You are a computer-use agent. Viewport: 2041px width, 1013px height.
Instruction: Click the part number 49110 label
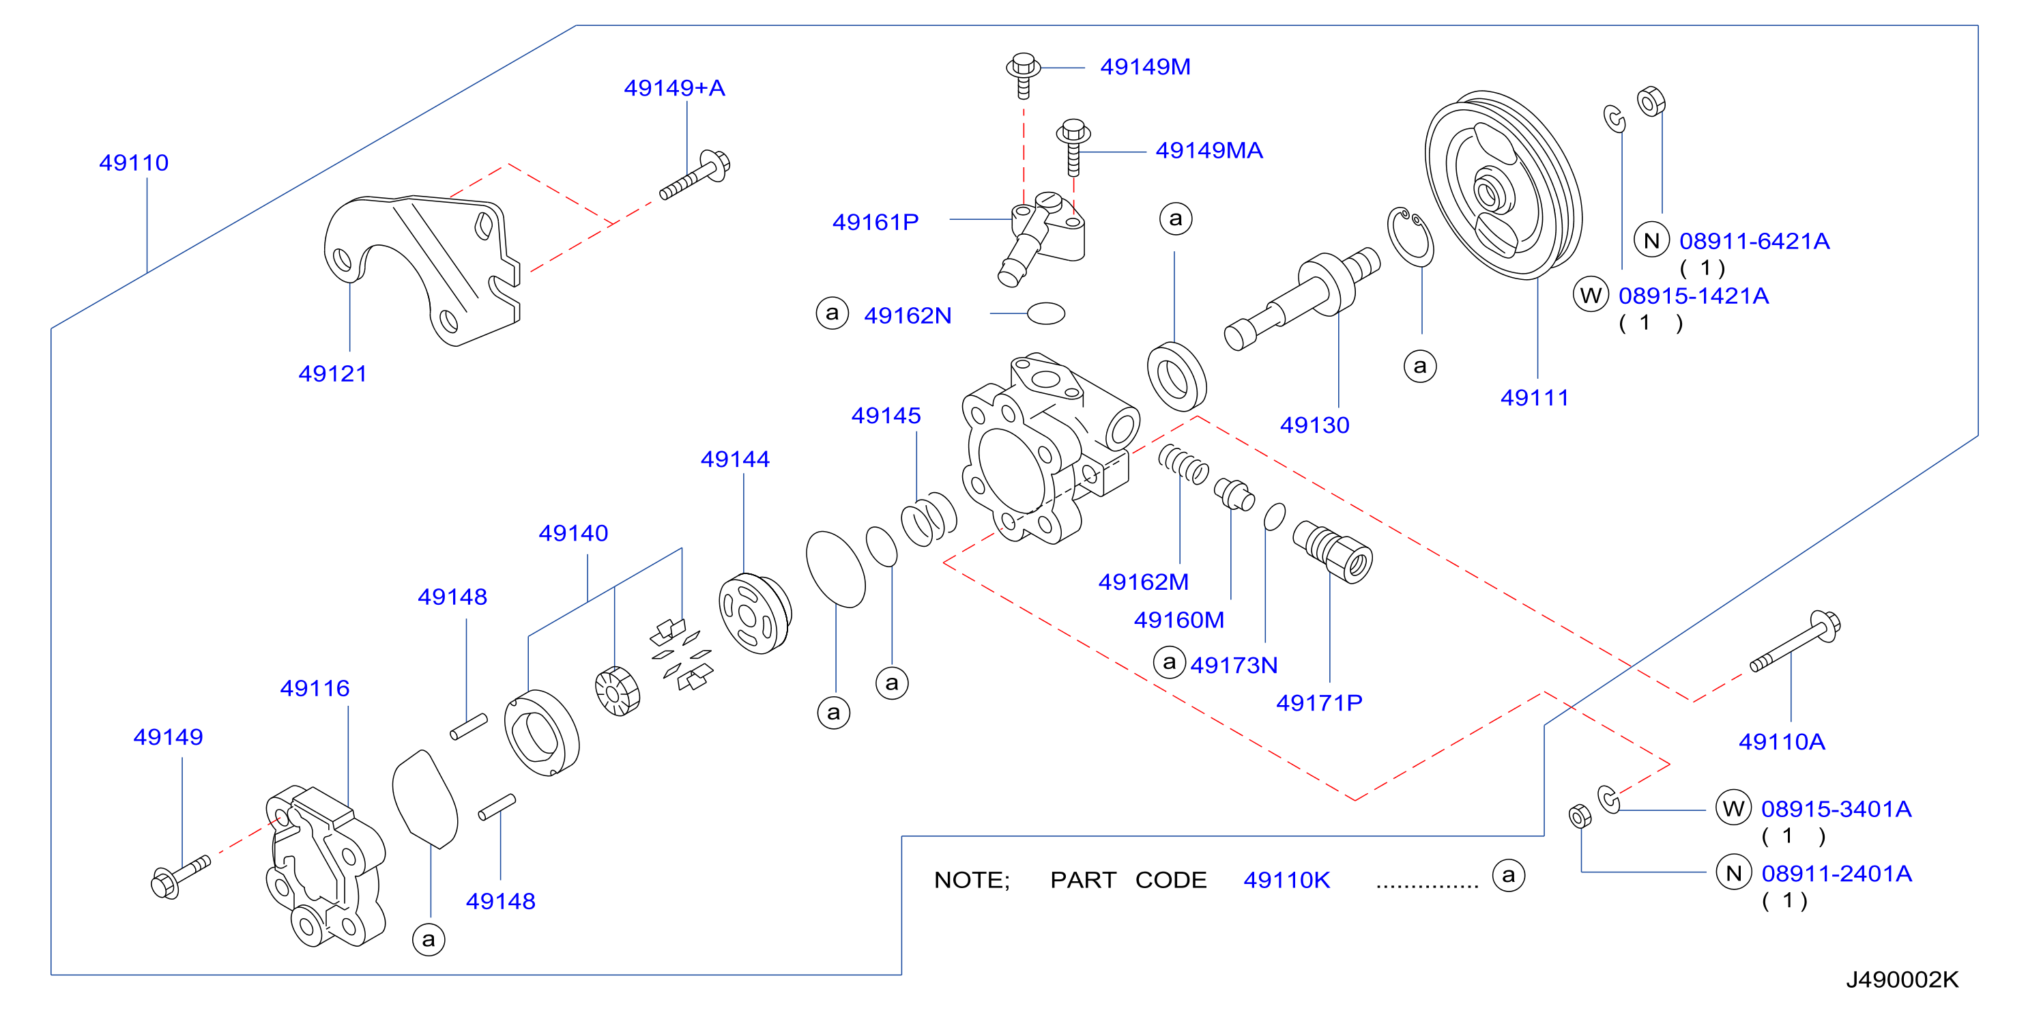(134, 162)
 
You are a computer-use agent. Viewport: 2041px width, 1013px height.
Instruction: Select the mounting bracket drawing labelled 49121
(422, 270)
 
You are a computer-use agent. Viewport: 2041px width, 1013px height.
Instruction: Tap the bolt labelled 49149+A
(695, 175)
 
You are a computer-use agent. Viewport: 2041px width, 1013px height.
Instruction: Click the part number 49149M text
(1145, 67)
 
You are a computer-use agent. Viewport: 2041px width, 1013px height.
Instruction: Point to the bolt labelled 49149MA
(1073, 147)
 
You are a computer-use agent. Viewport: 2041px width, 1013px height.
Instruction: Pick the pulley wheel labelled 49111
(1503, 185)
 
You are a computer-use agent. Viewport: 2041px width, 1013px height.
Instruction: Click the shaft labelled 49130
(1302, 300)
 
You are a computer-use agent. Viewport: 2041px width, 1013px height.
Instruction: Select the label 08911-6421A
(1754, 241)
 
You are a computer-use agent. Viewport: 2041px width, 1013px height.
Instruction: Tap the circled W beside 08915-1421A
(1590, 295)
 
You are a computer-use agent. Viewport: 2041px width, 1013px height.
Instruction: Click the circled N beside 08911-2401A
(1733, 872)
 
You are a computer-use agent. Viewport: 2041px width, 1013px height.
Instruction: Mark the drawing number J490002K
(1902, 980)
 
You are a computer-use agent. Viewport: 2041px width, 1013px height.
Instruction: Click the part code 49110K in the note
(1287, 880)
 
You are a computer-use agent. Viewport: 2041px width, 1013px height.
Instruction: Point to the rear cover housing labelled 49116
(325, 866)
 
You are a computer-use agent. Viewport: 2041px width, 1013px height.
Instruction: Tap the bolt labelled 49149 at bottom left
(181, 876)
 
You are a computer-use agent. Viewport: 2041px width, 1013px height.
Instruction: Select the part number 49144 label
(736, 459)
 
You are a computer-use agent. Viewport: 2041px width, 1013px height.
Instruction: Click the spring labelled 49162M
(1184, 463)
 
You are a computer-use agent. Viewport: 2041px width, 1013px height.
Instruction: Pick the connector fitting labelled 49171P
(1332, 552)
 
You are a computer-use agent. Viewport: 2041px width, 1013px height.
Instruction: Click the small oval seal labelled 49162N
(1046, 313)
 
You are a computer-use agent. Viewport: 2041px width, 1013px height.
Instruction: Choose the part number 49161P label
(875, 222)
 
